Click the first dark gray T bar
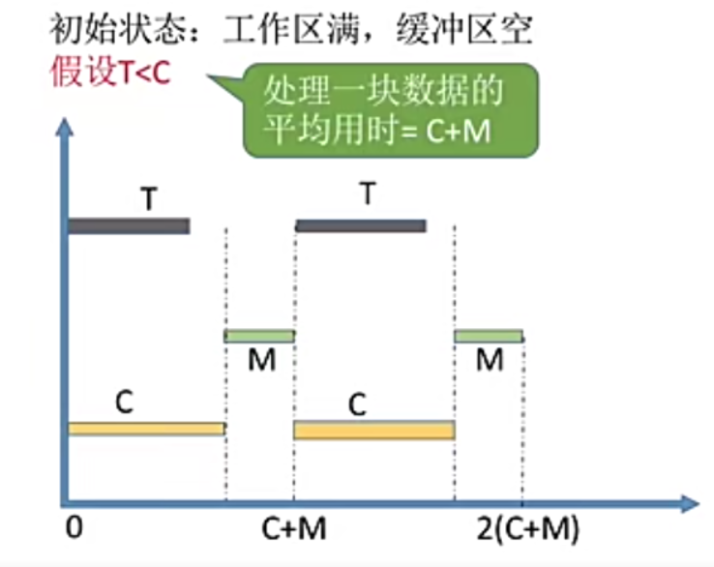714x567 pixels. pyautogui.click(x=128, y=226)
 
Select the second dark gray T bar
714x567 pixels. pyautogui.click(x=360, y=226)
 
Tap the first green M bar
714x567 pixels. pyautogui.click(x=259, y=337)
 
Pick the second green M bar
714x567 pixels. pyautogui.click(x=489, y=337)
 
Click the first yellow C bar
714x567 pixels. pyautogui.click(x=145, y=429)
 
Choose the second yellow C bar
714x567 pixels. pyautogui.click(x=374, y=430)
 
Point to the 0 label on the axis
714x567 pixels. pyautogui.click(x=74, y=529)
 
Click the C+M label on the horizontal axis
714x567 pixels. pyautogui.click(x=295, y=529)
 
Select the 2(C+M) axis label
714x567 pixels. pyautogui.click(x=528, y=529)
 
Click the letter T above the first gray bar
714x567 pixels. pyautogui.click(x=149, y=198)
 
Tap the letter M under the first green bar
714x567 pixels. pyautogui.click(x=260, y=361)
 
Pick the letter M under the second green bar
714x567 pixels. pyautogui.click(x=490, y=361)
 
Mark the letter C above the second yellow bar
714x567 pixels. pyautogui.click(x=357, y=403)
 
